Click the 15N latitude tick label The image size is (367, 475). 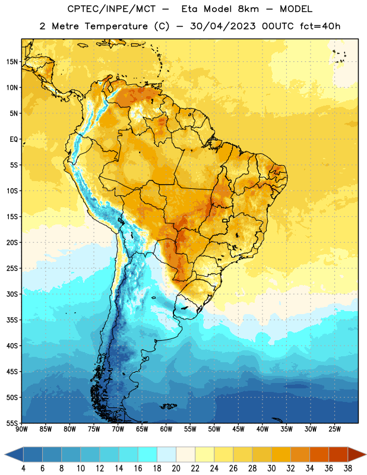pos(12,62)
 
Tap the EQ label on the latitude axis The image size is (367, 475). pos(14,140)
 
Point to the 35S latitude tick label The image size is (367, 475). pos(12,320)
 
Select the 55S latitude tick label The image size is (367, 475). pos(12,423)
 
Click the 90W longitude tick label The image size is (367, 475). pos(22,429)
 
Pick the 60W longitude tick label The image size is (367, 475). pos(166,429)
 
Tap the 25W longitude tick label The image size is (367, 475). pos(334,429)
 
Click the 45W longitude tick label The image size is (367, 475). pos(238,429)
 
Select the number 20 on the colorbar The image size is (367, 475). pos(176,468)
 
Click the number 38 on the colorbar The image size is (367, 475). pos(348,468)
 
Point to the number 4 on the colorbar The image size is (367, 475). pos(23,468)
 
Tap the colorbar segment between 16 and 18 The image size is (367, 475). pos(148,455)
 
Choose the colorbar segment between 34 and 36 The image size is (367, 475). pos(319,455)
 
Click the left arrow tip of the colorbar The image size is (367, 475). pos(5,455)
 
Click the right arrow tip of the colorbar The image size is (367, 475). pos(366,455)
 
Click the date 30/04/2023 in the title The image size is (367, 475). pos(223,26)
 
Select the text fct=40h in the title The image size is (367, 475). pos(320,26)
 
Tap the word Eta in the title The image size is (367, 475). pos(190,9)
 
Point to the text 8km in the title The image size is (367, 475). pos(248,9)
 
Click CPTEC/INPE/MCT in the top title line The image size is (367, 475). pos(111,9)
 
